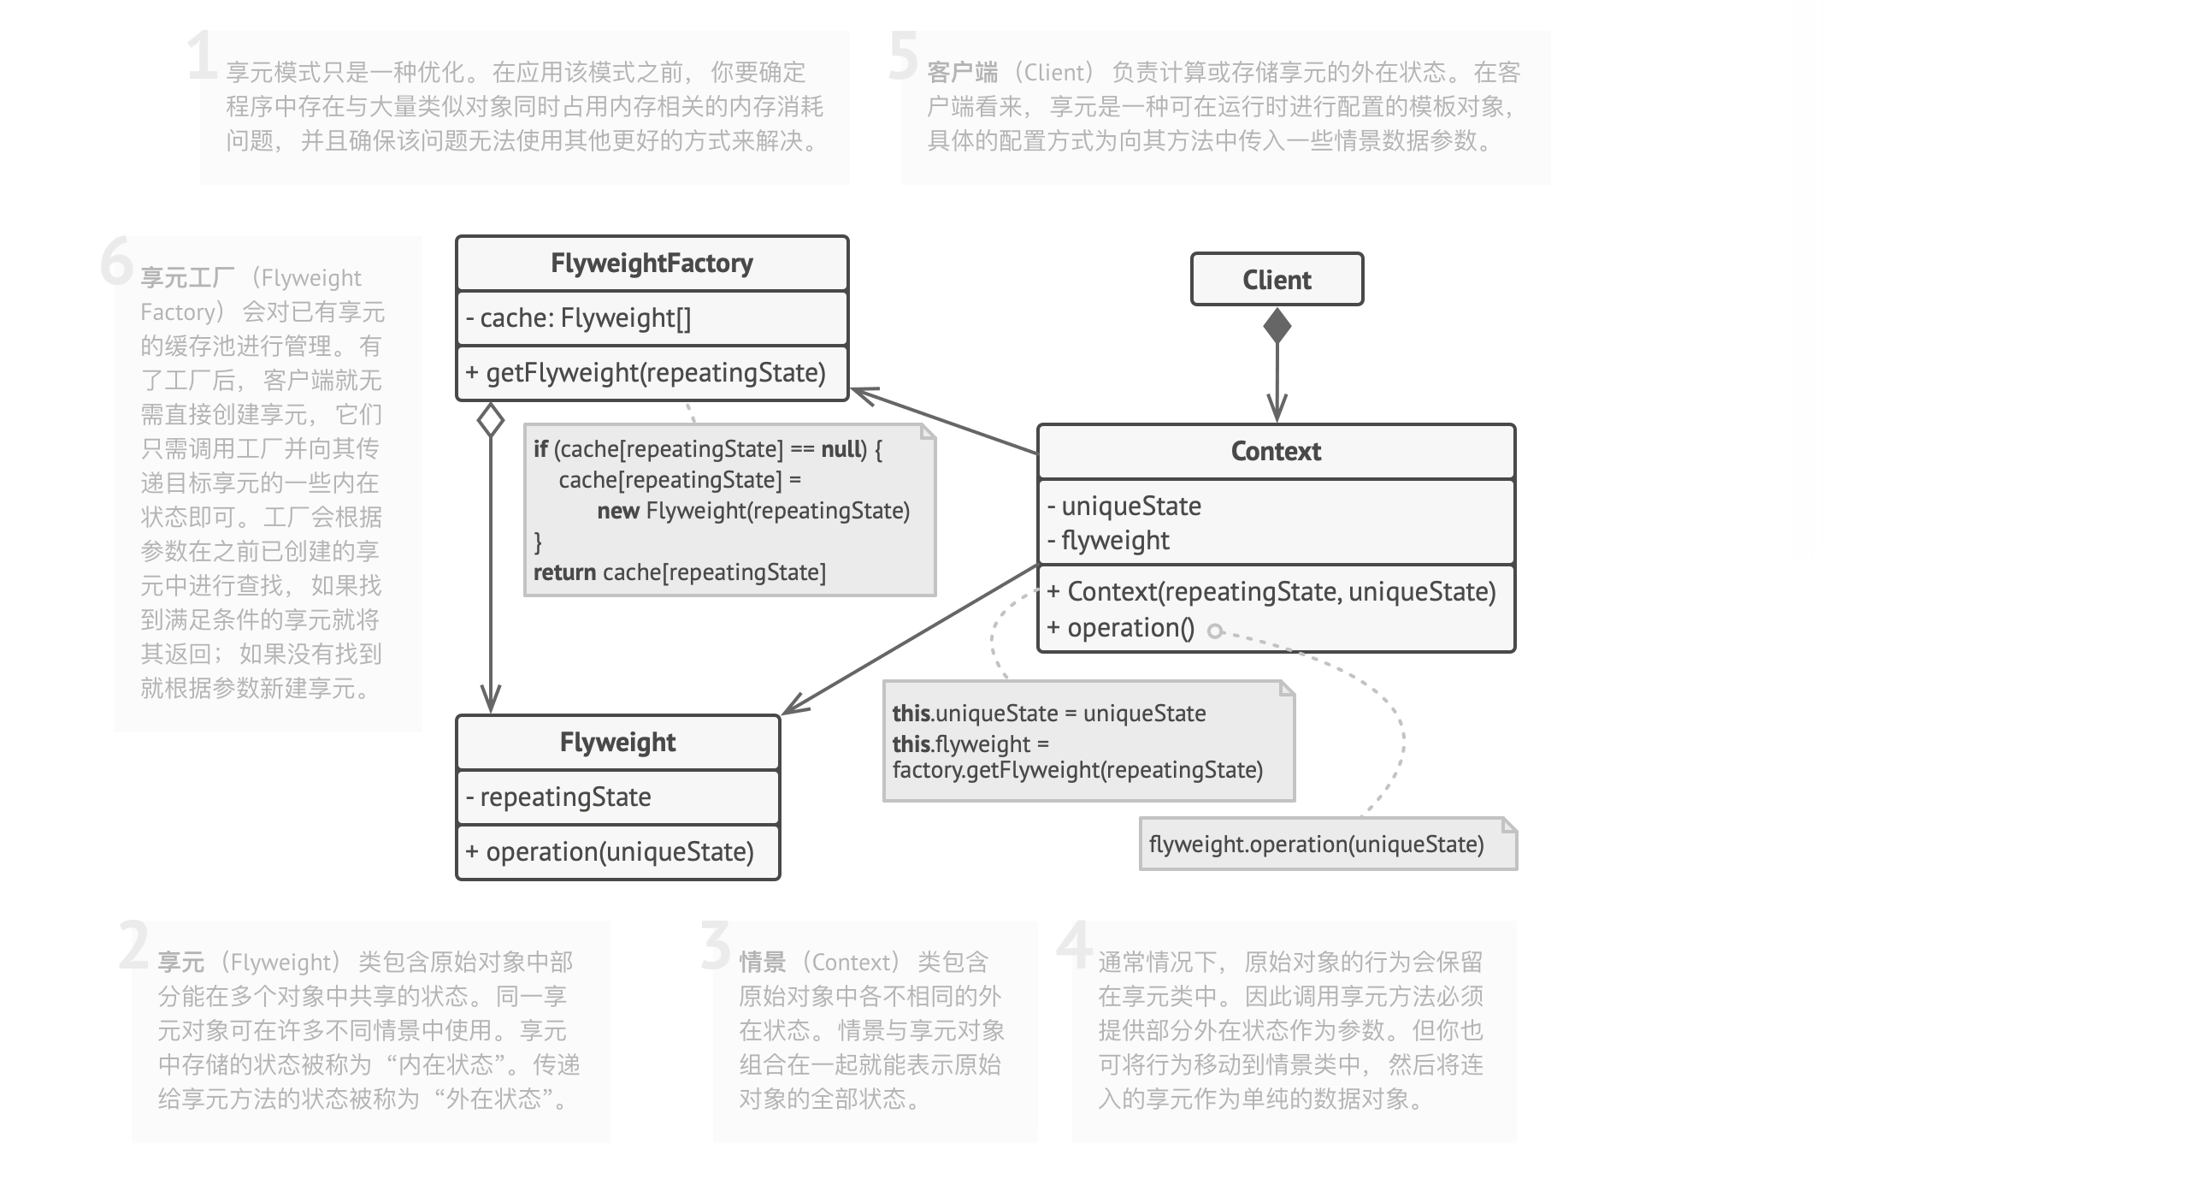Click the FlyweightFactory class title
652,263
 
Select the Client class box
1276,279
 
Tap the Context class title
1275,452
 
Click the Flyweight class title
617,742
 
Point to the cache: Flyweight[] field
578,318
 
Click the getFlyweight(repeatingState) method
646,373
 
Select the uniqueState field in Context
1124,507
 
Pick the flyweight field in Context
1108,541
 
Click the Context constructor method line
1271,592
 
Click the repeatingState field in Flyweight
558,797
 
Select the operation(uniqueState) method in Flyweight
610,851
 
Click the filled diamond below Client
1277,326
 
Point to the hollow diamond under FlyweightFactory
491,420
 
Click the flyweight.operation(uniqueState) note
1316,844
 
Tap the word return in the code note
564,572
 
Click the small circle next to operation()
1214,631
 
